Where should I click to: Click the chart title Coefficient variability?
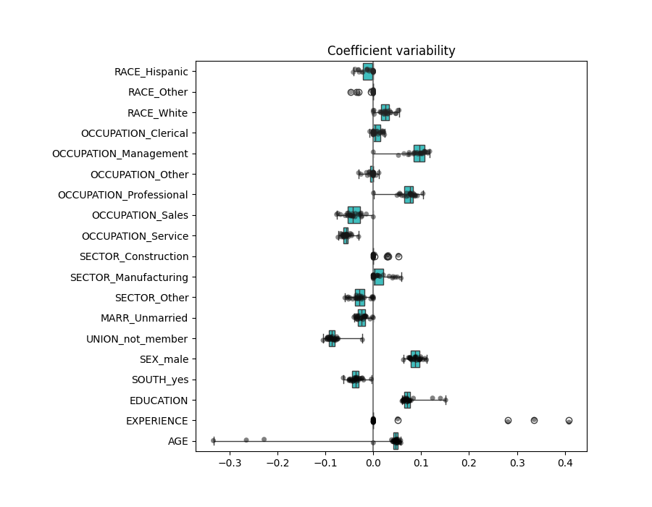391,51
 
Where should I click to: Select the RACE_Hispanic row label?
151,72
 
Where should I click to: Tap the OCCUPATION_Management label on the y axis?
120,154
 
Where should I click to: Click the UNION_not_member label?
137,339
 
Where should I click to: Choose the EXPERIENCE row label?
156,421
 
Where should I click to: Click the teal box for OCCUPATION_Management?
419,154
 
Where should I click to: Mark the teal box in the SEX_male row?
415,359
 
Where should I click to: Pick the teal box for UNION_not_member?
332,339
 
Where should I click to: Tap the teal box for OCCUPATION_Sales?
354,215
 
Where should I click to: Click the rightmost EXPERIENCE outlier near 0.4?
569,421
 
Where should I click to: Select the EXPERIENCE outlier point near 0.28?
508,421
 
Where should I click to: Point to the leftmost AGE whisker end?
213,441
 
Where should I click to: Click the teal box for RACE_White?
385,113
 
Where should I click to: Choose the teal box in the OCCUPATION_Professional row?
409,195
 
